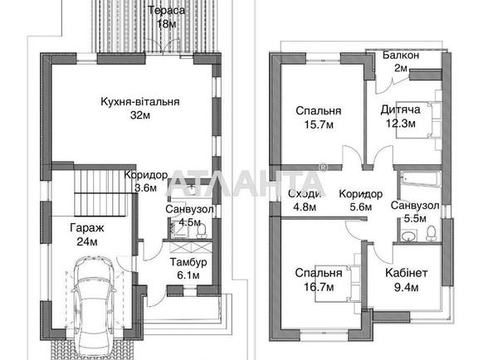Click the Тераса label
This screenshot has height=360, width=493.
pyautogui.click(x=167, y=11)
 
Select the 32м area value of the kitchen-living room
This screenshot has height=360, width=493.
pyautogui.click(x=139, y=116)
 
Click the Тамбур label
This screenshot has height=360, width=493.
pyautogui.click(x=188, y=262)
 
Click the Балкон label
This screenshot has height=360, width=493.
pyautogui.click(x=400, y=56)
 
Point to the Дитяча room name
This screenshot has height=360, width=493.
pyautogui.click(x=400, y=109)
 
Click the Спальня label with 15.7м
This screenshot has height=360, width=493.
pyautogui.click(x=317, y=111)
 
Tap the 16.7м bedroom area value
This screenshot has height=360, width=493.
pyautogui.click(x=320, y=287)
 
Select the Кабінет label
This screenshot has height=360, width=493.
pyautogui.click(x=407, y=273)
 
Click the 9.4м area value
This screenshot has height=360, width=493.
pyautogui.click(x=407, y=287)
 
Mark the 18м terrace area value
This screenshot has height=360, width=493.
pyautogui.click(x=167, y=24)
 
